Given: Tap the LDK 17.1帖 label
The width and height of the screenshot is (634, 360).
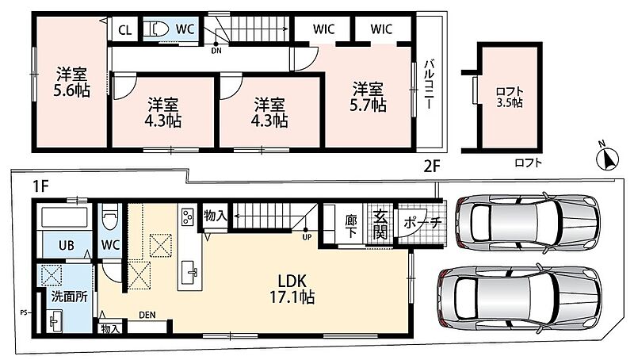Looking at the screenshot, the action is (292, 289).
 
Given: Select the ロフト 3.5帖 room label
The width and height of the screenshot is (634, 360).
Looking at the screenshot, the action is (510, 97).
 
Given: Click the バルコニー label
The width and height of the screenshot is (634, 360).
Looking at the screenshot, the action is (430, 84).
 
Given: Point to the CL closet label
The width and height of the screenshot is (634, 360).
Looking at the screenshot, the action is (125, 30).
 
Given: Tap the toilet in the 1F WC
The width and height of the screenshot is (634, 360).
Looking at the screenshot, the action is (109, 216).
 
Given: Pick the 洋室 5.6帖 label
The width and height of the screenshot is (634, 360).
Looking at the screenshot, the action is (71, 82).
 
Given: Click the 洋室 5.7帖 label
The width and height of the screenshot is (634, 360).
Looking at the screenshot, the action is (368, 97).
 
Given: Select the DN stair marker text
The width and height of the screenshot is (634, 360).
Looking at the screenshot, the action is (216, 51).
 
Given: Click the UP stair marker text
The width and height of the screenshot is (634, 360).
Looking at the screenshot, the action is (307, 237).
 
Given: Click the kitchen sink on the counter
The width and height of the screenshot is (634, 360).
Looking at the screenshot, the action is (189, 272).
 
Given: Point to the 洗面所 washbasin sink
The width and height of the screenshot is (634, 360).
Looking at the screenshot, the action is (55, 321).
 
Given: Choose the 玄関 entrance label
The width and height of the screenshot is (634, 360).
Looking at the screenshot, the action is (380, 225).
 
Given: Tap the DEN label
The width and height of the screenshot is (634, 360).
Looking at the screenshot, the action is (147, 315).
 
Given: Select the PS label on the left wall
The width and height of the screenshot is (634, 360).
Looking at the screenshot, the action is (24, 312).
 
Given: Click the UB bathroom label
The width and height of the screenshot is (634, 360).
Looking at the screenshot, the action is (67, 245).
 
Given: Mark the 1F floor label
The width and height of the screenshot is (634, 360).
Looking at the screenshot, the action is (40, 186).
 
